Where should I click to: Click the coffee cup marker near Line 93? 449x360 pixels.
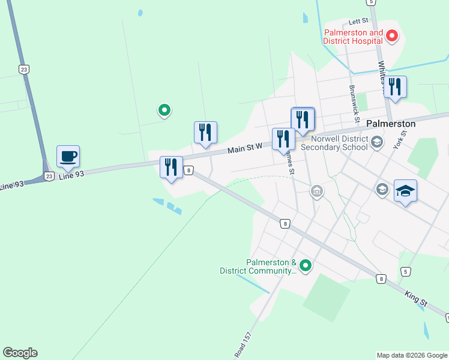(x=68, y=157)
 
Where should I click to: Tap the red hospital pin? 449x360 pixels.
(x=392, y=36)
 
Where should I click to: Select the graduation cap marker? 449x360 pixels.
(x=405, y=191)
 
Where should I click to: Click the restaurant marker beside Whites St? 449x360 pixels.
(x=395, y=87)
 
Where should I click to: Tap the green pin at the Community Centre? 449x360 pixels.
(x=306, y=265)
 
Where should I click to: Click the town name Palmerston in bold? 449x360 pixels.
(x=390, y=124)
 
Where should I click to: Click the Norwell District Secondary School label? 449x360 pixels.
(x=334, y=142)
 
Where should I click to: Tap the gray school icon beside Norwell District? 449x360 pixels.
(x=377, y=142)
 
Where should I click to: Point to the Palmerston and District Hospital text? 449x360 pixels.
(x=354, y=37)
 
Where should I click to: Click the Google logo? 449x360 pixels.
(x=20, y=353)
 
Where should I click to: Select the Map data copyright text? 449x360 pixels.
(x=412, y=355)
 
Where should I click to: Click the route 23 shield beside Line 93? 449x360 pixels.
(x=49, y=176)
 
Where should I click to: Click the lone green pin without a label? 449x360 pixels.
(x=164, y=110)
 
